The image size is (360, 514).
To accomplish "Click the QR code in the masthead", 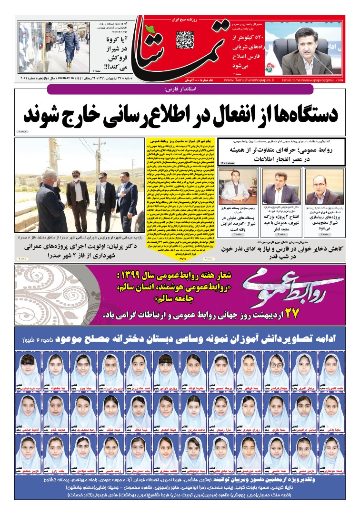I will (185, 40).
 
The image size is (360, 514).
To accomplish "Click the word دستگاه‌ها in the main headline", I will (306, 114).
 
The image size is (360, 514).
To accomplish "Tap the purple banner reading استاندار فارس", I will (180, 89).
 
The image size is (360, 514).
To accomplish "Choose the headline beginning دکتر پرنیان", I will (80, 251).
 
